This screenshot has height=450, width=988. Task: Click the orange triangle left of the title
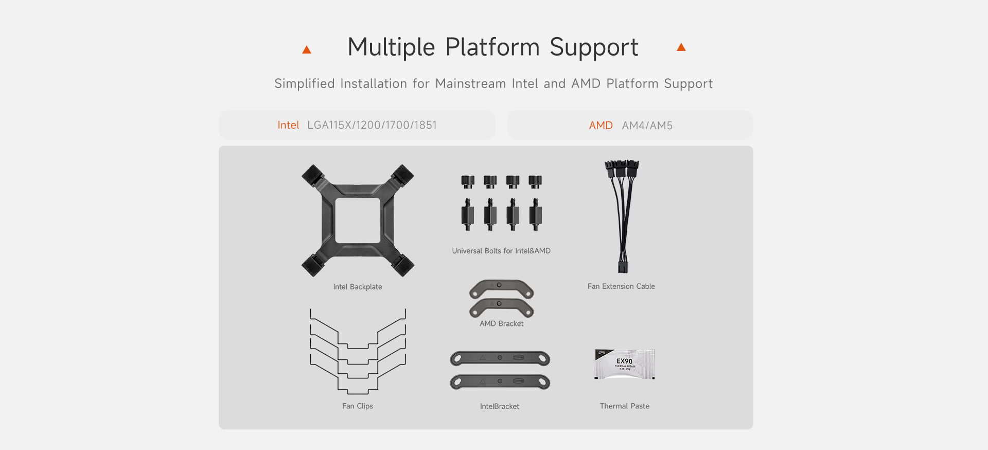(307, 49)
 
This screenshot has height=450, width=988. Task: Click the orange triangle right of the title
(681, 47)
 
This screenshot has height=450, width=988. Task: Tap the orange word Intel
(288, 125)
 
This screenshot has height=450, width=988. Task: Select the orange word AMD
(601, 126)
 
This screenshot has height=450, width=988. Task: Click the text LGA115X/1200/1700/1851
(372, 125)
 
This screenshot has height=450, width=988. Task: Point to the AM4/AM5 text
(647, 126)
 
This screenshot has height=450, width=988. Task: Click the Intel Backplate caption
(358, 287)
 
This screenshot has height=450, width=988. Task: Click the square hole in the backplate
(358, 220)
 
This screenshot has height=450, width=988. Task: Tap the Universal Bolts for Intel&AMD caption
(501, 251)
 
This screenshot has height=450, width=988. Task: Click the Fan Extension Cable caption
(621, 286)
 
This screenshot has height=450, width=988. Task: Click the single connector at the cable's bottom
(623, 267)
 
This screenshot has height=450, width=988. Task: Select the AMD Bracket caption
(502, 323)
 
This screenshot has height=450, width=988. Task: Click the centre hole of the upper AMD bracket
(499, 285)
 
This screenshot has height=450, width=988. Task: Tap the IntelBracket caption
(500, 406)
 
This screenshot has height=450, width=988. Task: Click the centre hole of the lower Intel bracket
(500, 381)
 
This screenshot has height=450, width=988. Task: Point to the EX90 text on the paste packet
(624, 361)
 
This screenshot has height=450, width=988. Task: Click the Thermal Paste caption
(625, 406)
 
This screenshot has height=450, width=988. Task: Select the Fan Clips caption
(358, 406)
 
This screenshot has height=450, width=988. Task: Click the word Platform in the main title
(492, 47)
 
